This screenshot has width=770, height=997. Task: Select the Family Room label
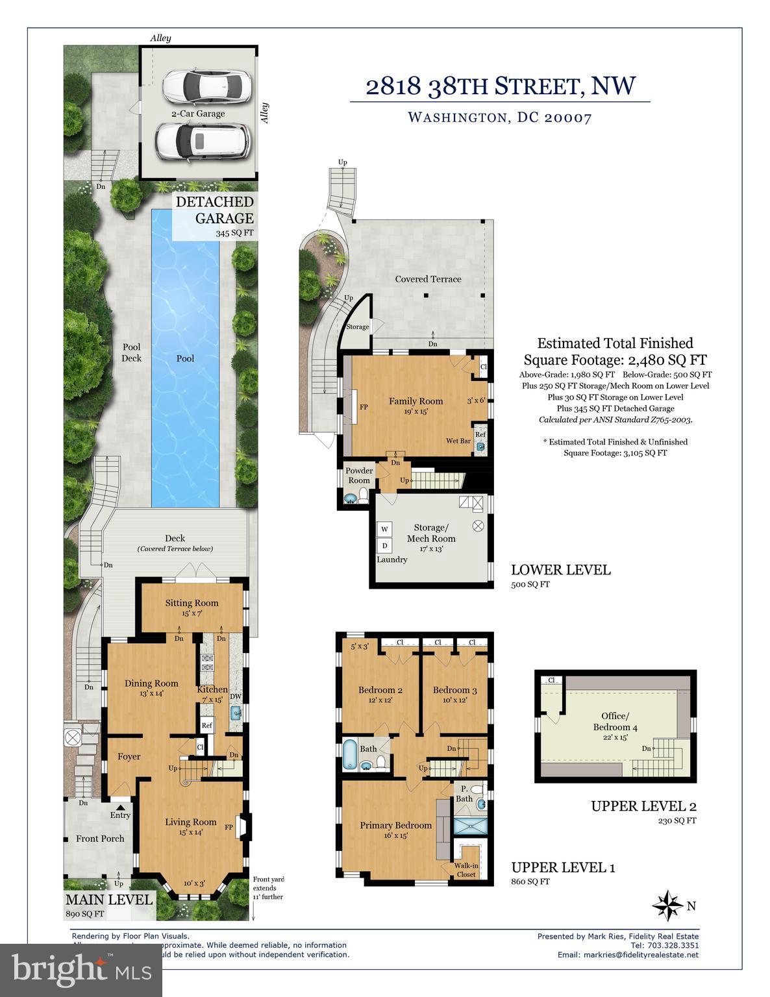(x=416, y=401)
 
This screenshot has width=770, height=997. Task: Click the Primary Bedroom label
(x=395, y=826)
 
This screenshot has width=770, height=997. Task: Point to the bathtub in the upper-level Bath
(x=349, y=754)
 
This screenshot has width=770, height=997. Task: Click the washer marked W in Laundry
(x=384, y=530)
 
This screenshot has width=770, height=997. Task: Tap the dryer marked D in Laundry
(x=384, y=545)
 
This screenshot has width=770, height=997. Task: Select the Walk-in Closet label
(x=465, y=870)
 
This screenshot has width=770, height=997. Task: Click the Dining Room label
(x=151, y=683)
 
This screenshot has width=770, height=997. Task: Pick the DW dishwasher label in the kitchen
(x=235, y=696)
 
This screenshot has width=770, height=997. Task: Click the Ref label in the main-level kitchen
(x=207, y=726)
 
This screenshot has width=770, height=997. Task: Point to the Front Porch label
(x=100, y=838)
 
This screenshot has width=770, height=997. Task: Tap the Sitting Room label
(x=192, y=603)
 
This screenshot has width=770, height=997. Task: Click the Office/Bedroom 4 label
(x=615, y=721)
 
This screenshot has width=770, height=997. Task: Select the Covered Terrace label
(x=428, y=279)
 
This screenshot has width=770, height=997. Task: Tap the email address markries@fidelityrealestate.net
(x=628, y=955)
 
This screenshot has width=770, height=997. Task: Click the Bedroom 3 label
(x=454, y=690)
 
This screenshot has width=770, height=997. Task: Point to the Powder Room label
(x=359, y=475)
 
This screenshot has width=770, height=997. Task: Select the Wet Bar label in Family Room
(x=458, y=441)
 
